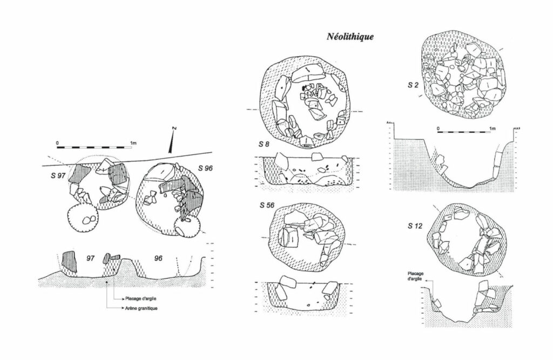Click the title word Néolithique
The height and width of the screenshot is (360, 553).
coord(350,37)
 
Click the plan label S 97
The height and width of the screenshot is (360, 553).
coord(58,175)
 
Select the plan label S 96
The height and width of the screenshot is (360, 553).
coord(205,168)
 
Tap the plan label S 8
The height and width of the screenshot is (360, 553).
coord(264,144)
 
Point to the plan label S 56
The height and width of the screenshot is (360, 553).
coord(267,205)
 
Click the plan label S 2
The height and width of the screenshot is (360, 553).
coord(413,85)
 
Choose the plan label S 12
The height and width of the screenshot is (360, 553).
coord(415,226)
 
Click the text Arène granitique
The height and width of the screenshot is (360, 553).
coord(141,308)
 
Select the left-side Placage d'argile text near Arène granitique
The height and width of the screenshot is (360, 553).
coord(141,298)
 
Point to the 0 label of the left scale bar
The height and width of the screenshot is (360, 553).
coord(57,143)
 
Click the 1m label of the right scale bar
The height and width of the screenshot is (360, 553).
coord(493,128)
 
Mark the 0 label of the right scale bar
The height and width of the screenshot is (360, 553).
coord(438,128)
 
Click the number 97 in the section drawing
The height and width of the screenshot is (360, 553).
coord(91,259)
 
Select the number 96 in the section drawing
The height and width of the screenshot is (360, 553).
coord(158,259)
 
